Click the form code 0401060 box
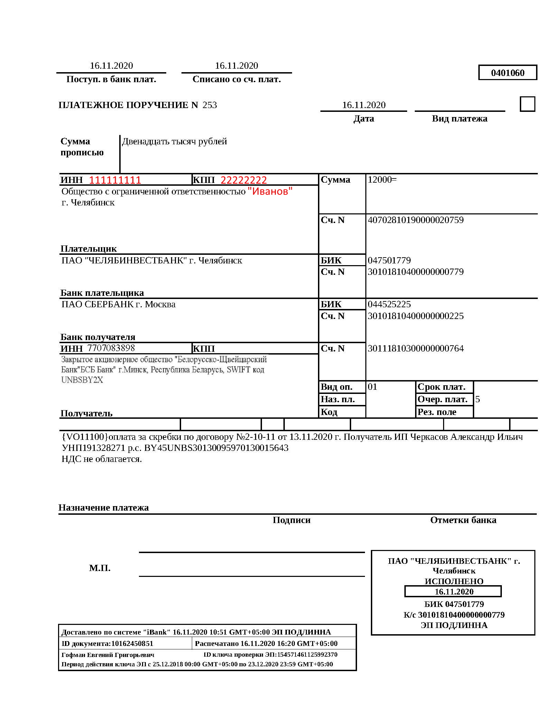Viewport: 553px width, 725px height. [507, 72]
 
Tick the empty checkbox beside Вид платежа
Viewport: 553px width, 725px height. [527, 104]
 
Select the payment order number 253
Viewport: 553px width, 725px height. [209, 105]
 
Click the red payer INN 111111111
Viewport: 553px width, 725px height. [115, 180]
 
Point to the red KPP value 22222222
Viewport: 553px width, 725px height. [244, 180]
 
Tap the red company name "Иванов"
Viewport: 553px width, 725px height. [270, 191]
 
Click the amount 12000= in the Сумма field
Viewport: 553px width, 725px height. [382, 180]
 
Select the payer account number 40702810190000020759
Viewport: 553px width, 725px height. [415, 220]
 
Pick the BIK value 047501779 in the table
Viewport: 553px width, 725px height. [389, 260]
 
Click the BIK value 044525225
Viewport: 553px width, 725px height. [389, 304]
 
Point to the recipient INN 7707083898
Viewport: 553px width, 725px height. [111, 348]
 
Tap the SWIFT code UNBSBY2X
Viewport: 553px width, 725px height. [82, 380]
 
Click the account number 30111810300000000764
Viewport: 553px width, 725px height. [415, 348]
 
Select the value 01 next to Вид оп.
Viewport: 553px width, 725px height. [372, 387]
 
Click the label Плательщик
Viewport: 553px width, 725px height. [88, 249]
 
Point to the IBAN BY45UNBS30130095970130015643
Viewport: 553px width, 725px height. [216, 448]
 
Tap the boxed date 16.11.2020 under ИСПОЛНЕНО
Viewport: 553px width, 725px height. [454, 591]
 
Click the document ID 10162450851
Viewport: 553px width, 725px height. [132, 644]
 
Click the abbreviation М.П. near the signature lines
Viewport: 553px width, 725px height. [100, 568]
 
